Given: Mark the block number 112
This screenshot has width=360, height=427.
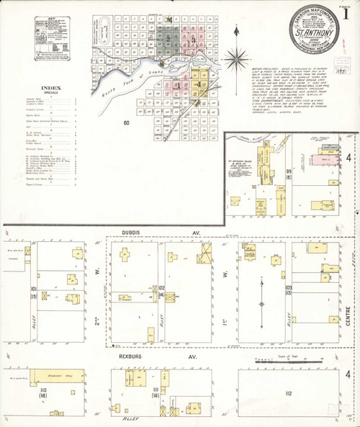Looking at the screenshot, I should pos(288,393).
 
